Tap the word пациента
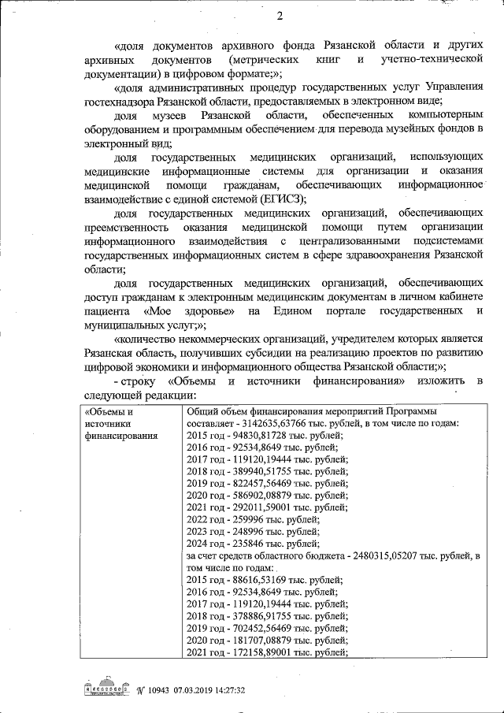pyautogui.click(x=108, y=311)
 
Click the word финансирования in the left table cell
pyautogui.click(x=120, y=434)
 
